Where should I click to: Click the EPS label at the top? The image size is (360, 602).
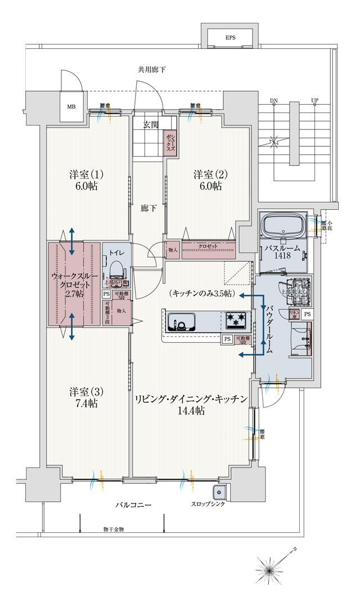pos(231,38)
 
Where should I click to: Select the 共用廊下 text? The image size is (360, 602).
pos(152,70)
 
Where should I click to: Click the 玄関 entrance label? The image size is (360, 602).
pos(150,124)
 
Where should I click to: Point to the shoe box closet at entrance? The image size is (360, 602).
pos(170,143)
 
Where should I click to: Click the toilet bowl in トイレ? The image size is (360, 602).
pos(117,270)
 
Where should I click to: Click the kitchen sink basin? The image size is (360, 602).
pos(181,322)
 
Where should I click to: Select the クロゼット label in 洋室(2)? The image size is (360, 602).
pos(208,247)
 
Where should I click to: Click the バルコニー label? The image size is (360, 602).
pos(133,505)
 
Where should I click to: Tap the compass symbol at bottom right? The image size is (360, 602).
pos(272,569)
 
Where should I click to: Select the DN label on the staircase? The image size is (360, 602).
pos(274,101)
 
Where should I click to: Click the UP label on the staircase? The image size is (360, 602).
pos(314,101)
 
